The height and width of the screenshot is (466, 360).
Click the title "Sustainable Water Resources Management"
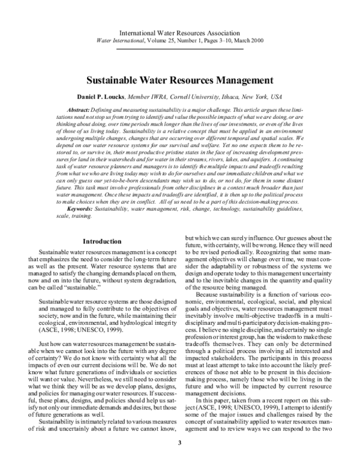(x=179, y=79)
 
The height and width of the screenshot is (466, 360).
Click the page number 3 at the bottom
(x=179, y=443)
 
